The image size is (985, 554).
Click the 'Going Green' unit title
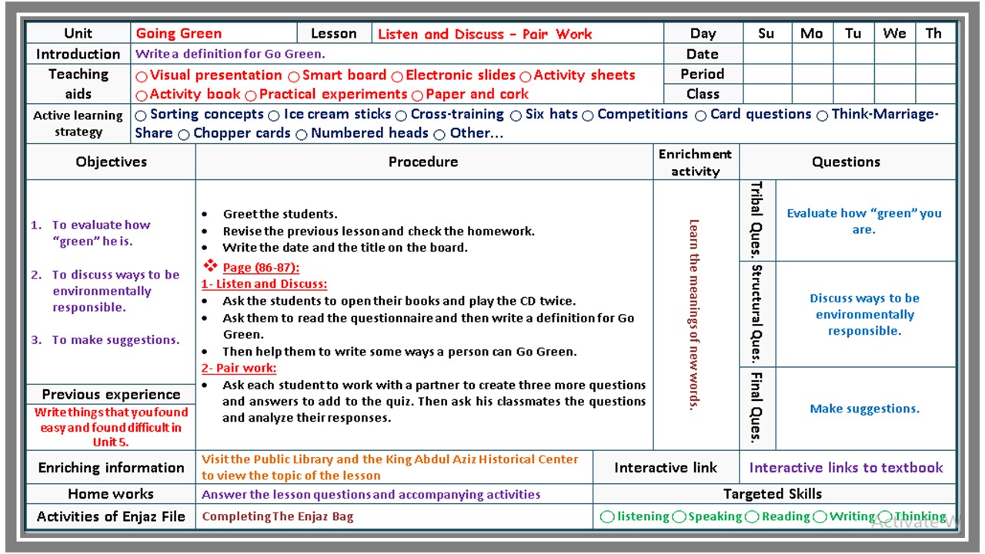(179, 34)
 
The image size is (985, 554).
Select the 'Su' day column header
(766, 34)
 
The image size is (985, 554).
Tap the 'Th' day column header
(933, 34)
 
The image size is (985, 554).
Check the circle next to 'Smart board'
(294, 76)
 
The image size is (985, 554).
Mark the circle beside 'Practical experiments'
(251, 95)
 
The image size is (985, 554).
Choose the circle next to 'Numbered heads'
(302, 135)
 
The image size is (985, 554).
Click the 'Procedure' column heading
(423, 162)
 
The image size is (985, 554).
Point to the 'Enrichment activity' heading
(695, 162)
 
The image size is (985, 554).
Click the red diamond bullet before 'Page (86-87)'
(211, 265)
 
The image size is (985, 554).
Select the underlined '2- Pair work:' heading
(239, 368)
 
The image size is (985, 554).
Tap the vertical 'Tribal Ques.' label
(756, 220)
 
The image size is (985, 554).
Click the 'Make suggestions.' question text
(864, 409)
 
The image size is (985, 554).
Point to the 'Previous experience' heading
(111, 395)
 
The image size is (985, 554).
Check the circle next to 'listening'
(607, 517)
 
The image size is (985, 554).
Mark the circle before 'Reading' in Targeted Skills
(752, 517)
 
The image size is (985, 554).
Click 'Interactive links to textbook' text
(846, 468)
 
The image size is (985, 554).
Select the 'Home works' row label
(111, 494)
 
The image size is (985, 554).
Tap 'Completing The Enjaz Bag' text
(278, 517)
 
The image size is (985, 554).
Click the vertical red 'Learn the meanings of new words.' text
(694, 315)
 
